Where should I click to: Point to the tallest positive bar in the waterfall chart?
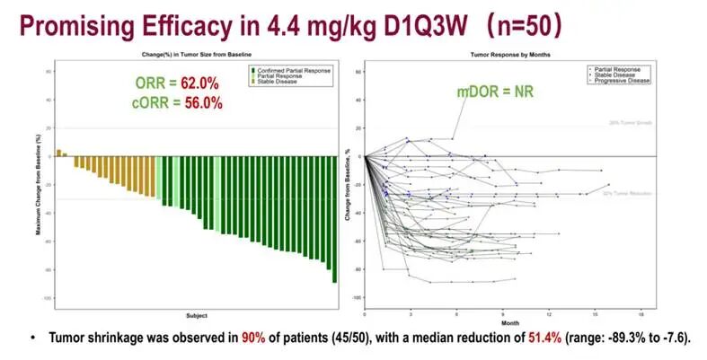tap(59, 153)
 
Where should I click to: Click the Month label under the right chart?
tap(510, 322)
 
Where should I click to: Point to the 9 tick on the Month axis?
tap(502, 315)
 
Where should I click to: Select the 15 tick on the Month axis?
tap(595, 315)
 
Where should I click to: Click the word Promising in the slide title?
tap(69, 25)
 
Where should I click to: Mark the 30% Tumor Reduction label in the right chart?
tap(619, 193)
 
